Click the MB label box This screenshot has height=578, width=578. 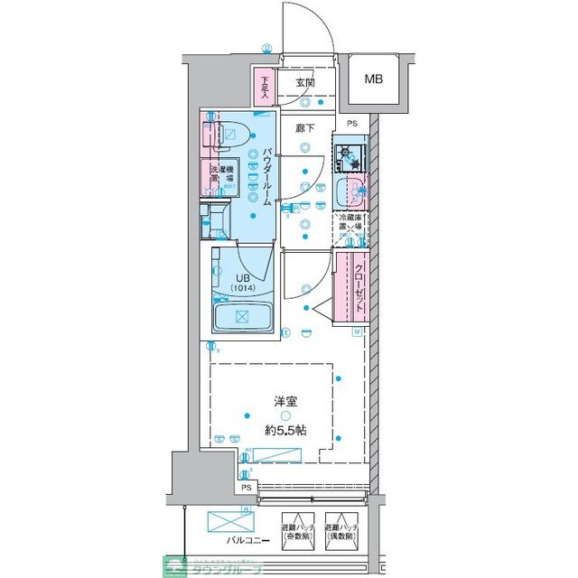[374, 79]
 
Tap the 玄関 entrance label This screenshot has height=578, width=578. [304, 84]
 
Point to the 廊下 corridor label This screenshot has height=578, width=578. [305, 128]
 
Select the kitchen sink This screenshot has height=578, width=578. [350, 191]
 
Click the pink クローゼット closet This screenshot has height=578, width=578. [350, 287]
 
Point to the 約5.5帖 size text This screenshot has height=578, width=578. [284, 430]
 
